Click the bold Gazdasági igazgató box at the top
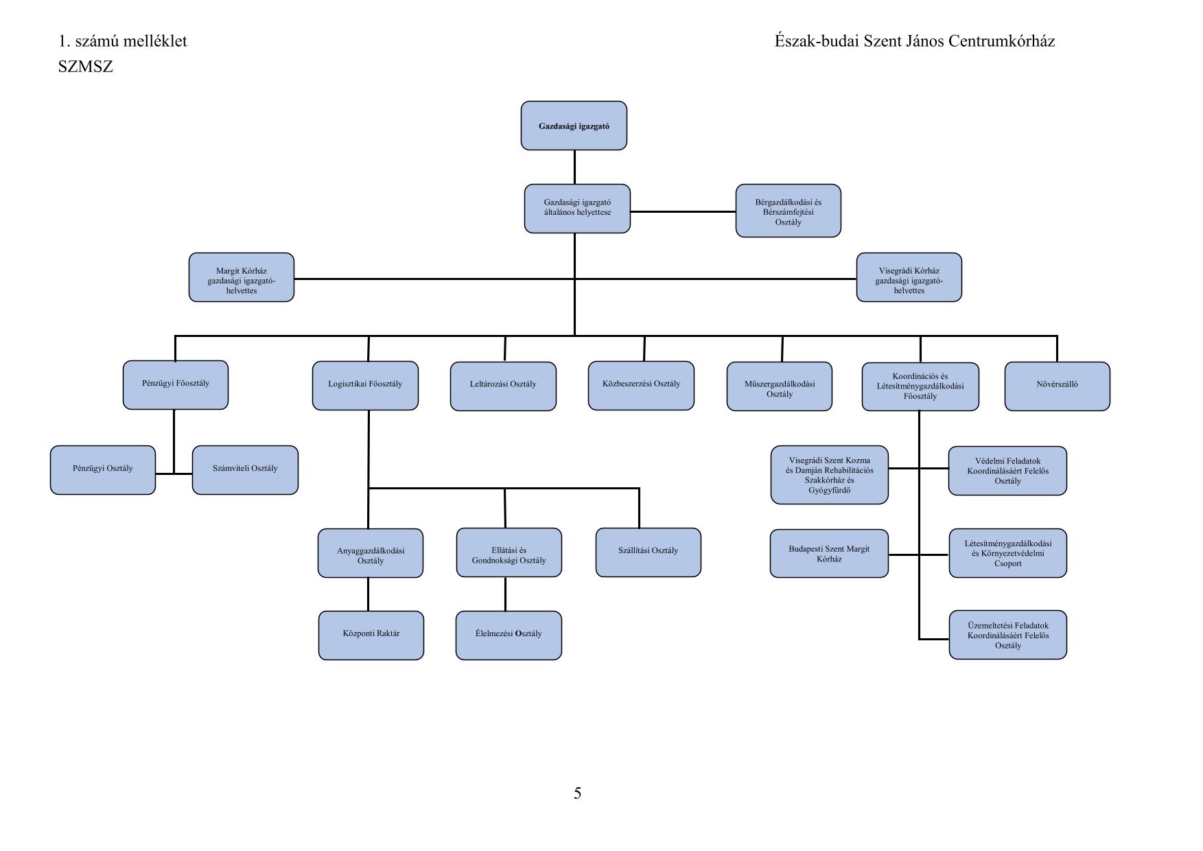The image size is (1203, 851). (574, 126)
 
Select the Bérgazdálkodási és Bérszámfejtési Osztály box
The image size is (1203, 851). (788, 211)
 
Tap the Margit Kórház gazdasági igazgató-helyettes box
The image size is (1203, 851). (242, 277)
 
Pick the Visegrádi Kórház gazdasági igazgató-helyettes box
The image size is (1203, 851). (909, 277)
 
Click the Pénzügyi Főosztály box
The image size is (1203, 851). (176, 385)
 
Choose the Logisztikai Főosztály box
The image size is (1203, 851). (365, 386)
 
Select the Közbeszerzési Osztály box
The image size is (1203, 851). (641, 386)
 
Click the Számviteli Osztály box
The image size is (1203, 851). (245, 470)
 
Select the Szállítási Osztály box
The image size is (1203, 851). (648, 552)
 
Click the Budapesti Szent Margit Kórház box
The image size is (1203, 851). (829, 553)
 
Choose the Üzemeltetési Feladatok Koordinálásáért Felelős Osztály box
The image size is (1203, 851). (1007, 635)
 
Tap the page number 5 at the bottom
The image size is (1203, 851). (577, 793)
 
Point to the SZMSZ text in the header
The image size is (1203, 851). (86, 67)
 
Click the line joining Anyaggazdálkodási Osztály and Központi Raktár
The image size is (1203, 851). (368, 594)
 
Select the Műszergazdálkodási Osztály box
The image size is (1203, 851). (779, 386)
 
